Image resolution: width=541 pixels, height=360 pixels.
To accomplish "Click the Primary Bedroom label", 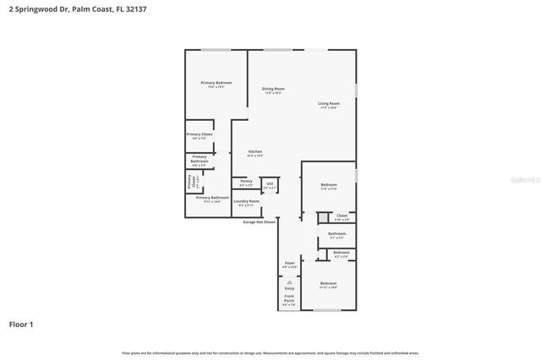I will [x=216, y=84].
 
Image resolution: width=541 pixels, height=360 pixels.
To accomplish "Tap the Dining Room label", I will [x=273, y=90].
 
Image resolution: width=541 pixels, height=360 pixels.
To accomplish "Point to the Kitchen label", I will [x=254, y=153].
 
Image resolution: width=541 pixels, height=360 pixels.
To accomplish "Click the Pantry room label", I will [x=246, y=182].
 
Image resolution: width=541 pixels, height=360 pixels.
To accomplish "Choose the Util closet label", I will [x=270, y=184].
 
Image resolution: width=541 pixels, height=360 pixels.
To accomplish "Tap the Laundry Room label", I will [x=247, y=203].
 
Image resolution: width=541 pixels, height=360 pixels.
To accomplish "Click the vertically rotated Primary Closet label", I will [x=191, y=181].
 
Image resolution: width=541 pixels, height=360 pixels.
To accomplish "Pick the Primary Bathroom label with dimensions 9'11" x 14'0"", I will [x=212, y=199].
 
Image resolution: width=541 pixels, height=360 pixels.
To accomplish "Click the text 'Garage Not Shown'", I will [x=260, y=222].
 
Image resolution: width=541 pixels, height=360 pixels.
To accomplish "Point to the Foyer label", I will [x=289, y=265].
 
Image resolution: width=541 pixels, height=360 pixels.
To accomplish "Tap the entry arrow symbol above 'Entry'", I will [x=289, y=280].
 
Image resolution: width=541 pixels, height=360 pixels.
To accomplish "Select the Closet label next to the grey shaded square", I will [x=342, y=217].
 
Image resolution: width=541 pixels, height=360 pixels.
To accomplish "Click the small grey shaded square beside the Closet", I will [x=322, y=217].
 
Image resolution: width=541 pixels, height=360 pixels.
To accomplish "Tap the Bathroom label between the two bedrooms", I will [x=336, y=235].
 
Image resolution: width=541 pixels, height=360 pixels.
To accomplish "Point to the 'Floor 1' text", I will [x=21, y=324].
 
